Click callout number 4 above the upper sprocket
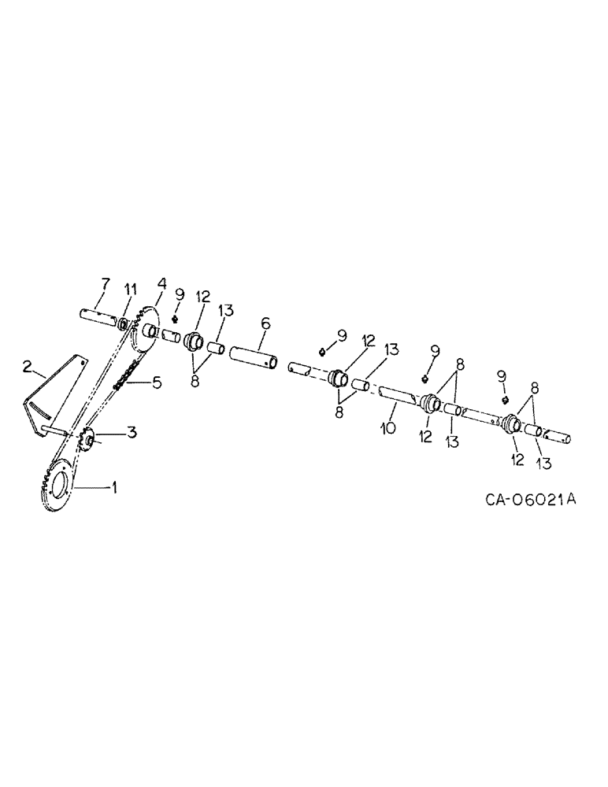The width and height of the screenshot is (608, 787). pyautogui.click(x=161, y=283)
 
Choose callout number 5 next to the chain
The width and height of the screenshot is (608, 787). pyautogui.click(x=156, y=383)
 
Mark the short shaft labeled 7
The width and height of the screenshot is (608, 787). pyautogui.click(x=98, y=320)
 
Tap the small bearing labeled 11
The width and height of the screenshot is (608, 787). pyautogui.click(x=124, y=323)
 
